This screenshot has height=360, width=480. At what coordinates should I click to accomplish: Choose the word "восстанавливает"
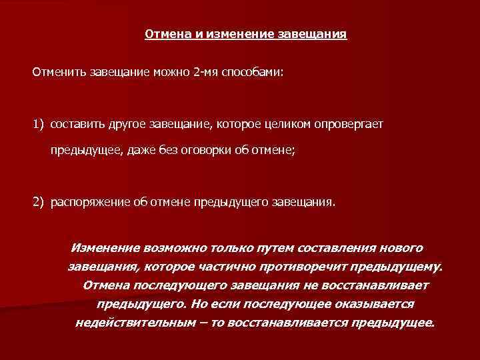pos(374,285)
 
